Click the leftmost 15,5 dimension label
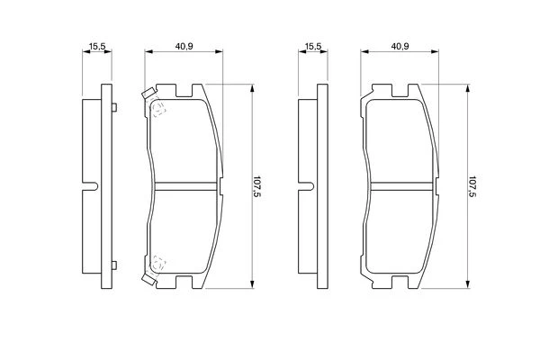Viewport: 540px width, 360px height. (97, 46)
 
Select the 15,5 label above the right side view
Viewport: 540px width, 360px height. (313, 46)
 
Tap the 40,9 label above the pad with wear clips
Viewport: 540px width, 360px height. (184, 46)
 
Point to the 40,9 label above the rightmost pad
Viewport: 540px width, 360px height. (400, 46)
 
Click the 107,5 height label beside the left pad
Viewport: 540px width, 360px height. (256, 186)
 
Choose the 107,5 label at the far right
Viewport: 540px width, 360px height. (472, 186)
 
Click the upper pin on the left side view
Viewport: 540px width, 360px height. (114, 107)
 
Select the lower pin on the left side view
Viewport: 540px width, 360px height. (114, 265)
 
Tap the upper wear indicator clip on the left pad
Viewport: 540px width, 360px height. (148, 94)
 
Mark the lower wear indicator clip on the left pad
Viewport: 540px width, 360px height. (148, 279)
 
